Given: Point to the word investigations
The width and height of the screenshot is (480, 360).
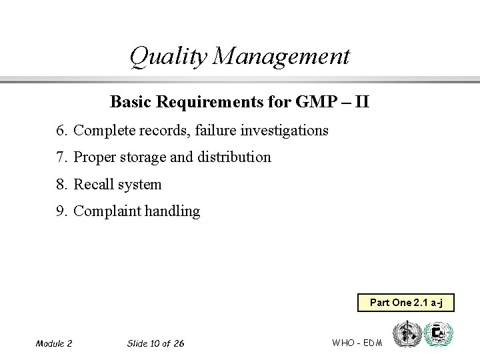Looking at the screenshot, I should click(x=285, y=130).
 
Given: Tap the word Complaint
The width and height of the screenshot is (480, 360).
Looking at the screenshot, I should click(x=107, y=211).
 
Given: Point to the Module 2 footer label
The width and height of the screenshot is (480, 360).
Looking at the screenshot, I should click(x=54, y=343).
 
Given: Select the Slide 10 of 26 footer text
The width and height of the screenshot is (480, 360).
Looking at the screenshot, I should click(x=155, y=343).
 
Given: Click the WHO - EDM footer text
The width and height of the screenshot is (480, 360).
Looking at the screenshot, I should click(x=357, y=342).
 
